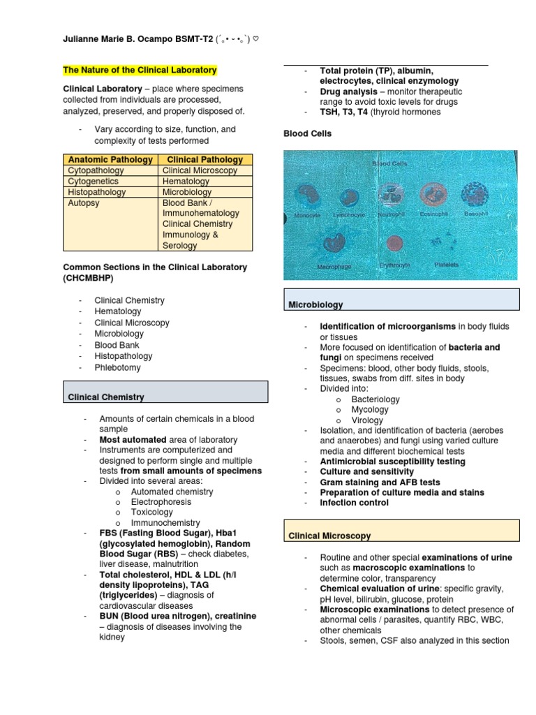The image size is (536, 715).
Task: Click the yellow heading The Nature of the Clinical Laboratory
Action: pyautogui.click(x=140, y=71)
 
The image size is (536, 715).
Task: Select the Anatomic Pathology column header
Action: pyautogui.click(x=111, y=159)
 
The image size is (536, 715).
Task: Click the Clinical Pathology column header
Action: pyautogui.click(x=205, y=159)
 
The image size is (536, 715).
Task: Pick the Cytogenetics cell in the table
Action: pyautogui.click(x=94, y=181)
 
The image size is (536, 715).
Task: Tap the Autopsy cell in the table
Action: pyautogui.click(x=83, y=202)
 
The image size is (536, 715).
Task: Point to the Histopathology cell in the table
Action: pyautogui.click(x=97, y=192)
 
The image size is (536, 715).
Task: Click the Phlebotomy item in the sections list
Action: pyautogui.click(x=118, y=367)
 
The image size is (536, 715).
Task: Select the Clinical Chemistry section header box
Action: pyautogui.click(x=165, y=392)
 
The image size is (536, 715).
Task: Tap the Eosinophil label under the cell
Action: pyautogui.click(x=434, y=214)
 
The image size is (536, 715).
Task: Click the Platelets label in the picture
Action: pyautogui.click(x=446, y=265)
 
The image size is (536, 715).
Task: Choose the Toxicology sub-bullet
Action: pyautogui.click(x=151, y=513)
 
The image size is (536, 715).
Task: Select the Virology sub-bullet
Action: pyautogui.click(x=367, y=420)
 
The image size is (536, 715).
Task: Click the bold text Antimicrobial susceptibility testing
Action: pyautogui.click(x=392, y=462)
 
